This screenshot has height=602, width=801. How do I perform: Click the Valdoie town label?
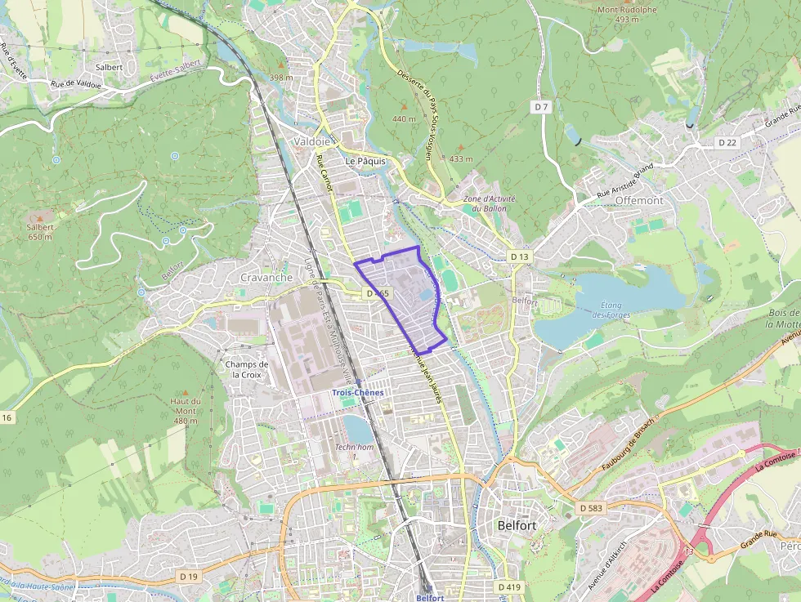311,141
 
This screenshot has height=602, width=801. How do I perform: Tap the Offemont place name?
639,200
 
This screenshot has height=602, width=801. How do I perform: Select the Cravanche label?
266,278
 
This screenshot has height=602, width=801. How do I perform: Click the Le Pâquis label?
365,161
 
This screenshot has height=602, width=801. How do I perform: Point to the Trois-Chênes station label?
357,393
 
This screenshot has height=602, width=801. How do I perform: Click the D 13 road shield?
520,256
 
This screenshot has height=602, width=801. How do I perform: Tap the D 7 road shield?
541,107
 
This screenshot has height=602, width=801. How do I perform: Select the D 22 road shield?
727,142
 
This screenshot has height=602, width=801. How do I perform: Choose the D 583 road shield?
590,508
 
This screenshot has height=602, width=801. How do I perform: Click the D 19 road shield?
188,577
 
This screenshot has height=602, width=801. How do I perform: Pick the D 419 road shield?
508,586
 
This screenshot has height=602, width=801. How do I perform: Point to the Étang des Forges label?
606,310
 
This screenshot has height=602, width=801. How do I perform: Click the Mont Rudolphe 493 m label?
628,15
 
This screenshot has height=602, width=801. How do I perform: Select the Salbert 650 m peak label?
39,232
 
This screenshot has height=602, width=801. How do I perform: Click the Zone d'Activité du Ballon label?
486,203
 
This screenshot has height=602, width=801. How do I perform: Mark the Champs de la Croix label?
246,369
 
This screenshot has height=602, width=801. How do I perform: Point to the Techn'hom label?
354,447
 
